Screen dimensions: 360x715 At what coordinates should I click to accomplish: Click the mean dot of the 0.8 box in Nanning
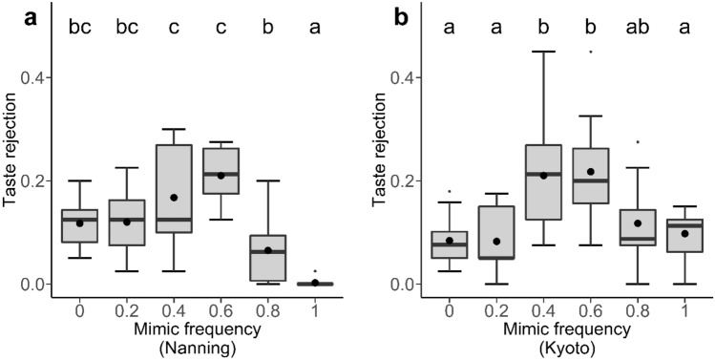[x=268, y=250]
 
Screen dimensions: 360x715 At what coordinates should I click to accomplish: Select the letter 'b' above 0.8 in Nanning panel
[x=268, y=29]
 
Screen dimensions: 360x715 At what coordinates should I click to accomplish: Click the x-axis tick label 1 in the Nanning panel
[x=315, y=309]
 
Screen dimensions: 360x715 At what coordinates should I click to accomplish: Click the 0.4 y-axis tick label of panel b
[x=405, y=77]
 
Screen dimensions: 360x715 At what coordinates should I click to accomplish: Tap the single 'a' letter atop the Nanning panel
[x=315, y=29]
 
